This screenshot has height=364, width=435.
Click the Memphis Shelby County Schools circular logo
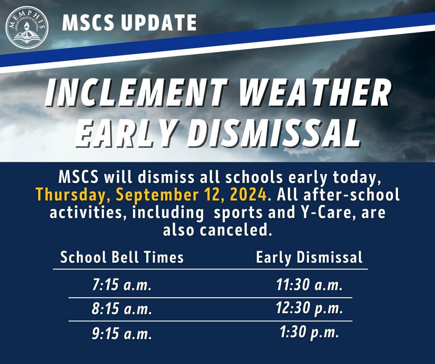26,26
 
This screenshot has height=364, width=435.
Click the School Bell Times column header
122,257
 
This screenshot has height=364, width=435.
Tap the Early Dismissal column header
309,257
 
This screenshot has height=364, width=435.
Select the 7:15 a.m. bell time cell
121,286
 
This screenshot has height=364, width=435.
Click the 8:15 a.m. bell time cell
121,310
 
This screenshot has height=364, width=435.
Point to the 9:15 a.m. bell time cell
121,334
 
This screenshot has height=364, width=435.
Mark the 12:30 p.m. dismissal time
309,309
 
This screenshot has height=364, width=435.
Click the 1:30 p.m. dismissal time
309,333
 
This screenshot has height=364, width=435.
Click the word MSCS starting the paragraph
79,177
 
